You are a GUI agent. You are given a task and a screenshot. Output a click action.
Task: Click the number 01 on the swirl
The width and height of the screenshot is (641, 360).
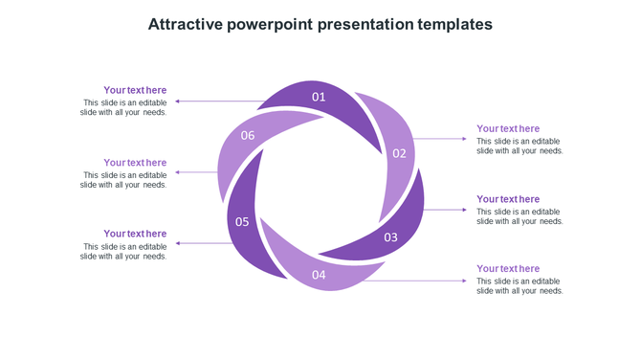(319, 97)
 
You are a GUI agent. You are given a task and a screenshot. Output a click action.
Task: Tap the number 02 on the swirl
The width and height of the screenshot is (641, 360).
(399, 153)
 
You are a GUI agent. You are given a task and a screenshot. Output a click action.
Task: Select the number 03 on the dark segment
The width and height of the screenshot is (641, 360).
(390, 237)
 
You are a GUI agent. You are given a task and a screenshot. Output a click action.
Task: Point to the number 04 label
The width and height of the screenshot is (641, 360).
(319, 275)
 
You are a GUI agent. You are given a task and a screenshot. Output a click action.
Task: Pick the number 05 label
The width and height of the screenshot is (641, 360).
(242, 222)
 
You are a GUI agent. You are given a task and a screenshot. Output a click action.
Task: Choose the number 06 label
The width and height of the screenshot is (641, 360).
(248, 135)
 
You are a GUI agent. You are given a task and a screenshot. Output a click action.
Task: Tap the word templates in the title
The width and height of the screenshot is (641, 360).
(455, 24)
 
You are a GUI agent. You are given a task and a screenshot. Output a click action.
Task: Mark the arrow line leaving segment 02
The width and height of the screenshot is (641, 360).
(440, 139)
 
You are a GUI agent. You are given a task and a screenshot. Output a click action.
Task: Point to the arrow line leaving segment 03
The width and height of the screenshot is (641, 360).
(445, 210)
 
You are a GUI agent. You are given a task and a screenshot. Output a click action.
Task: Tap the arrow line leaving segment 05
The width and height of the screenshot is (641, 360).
(203, 243)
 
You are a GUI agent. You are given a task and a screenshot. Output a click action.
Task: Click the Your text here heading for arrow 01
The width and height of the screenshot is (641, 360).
(135, 90)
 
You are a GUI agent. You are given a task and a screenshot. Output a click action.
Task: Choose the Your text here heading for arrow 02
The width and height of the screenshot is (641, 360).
(508, 128)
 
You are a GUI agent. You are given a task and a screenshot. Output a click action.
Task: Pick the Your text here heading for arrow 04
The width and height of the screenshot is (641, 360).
(508, 269)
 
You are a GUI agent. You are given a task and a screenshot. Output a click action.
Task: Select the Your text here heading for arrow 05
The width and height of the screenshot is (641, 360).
(135, 234)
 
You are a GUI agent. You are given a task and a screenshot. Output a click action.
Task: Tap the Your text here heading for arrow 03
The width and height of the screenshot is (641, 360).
(508, 199)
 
